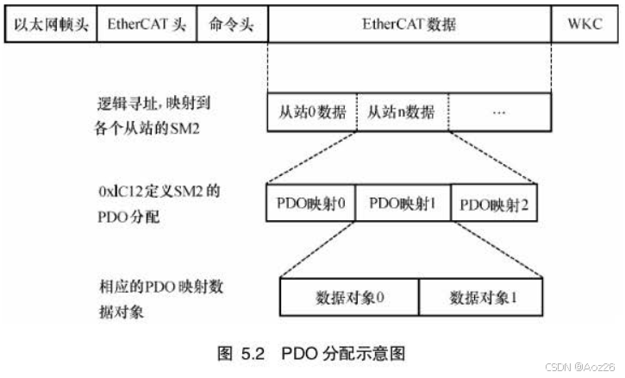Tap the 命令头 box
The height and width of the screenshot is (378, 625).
tap(233, 24)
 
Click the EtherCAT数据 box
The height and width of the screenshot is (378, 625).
tap(409, 24)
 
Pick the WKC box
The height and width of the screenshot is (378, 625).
tap(584, 24)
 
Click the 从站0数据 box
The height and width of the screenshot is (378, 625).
tap(312, 113)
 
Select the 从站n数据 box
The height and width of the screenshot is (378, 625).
tap(401, 113)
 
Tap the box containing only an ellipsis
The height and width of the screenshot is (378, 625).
tap(499, 113)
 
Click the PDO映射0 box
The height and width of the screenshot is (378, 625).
tap(309, 204)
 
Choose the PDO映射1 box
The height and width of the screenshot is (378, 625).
tap(401, 204)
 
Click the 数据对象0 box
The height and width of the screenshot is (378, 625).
tap(349, 299)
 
